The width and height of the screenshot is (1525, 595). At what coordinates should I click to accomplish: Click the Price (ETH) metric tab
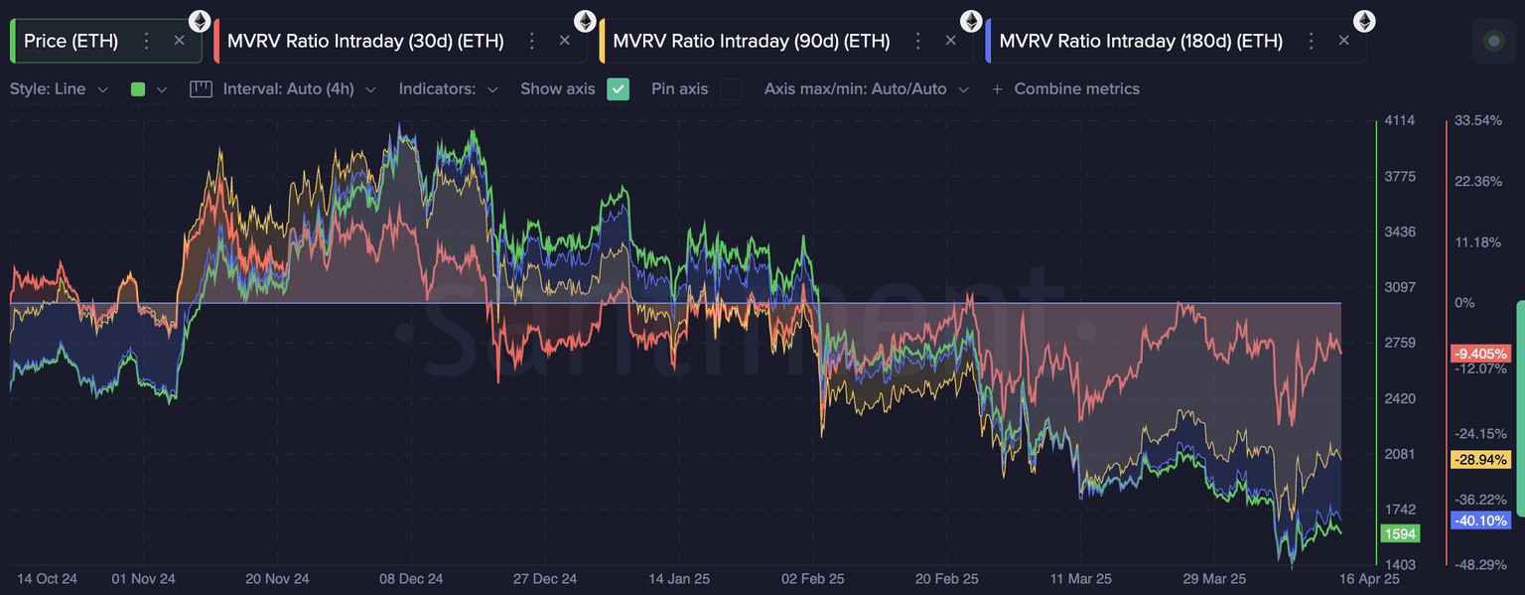pyautogui.click(x=70, y=41)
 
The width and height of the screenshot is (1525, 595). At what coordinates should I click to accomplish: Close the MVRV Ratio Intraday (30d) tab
pyautogui.click(x=565, y=41)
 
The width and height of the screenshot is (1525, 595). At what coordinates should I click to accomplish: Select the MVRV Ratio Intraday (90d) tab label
pyautogui.click(x=751, y=41)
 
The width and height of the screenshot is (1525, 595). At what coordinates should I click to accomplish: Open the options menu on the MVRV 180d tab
pyautogui.click(x=1311, y=41)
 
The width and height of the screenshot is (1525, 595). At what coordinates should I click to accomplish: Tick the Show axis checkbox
pyautogui.click(x=619, y=89)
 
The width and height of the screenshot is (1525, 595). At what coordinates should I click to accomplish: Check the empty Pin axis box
pyautogui.click(x=731, y=89)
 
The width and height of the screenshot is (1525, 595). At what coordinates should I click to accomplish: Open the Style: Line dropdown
pyautogui.click(x=59, y=89)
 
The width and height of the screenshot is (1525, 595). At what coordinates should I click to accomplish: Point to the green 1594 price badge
pyautogui.click(x=1400, y=533)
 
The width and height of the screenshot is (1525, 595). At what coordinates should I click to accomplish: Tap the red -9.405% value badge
pyautogui.click(x=1480, y=354)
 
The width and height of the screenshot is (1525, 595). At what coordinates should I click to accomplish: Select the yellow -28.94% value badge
pyautogui.click(x=1480, y=460)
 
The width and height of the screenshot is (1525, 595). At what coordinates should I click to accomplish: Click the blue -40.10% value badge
pyautogui.click(x=1480, y=521)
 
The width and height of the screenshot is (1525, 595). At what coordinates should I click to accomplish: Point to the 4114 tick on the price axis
pyautogui.click(x=1400, y=121)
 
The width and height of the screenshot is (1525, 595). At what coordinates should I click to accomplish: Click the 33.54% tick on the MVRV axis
pyautogui.click(x=1478, y=121)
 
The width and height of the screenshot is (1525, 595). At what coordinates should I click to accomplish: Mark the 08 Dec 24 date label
pyautogui.click(x=411, y=578)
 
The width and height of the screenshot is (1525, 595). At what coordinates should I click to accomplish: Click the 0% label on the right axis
pyautogui.click(x=1464, y=303)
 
